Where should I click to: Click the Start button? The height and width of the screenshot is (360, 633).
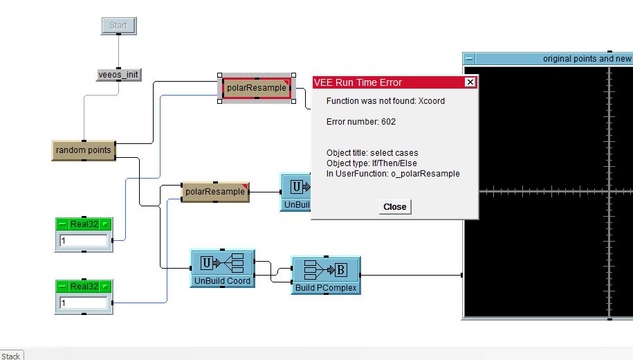pyautogui.click(x=118, y=26)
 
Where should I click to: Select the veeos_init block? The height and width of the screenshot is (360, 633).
pyautogui.click(x=118, y=74)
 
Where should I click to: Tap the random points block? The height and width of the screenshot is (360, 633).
pyautogui.click(x=83, y=150)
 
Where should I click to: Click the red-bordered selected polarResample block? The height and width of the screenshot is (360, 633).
pyautogui.click(x=256, y=88)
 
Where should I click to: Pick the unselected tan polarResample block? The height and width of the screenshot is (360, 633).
pyautogui.click(x=214, y=191)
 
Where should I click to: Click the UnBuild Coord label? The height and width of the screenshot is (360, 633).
pyautogui.click(x=222, y=281)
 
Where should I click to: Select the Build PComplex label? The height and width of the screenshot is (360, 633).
pyautogui.click(x=325, y=288)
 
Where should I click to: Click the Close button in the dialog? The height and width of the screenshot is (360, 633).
pyautogui.click(x=395, y=206)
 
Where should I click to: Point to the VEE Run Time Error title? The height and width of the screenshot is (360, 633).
pyautogui.click(x=358, y=82)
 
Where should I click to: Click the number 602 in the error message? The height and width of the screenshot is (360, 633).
pyautogui.click(x=388, y=122)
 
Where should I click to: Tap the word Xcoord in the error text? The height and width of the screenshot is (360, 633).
pyautogui.click(x=432, y=101)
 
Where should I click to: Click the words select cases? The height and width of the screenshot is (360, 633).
pyautogui.click(x=394, y=153)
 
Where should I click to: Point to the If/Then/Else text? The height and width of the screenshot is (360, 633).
pyautogui.click(x=394, y=163)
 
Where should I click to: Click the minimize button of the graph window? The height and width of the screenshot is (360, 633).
pyautogui.click(x=470, y=59)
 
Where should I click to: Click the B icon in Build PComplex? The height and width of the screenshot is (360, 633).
pyautogui.click(x=341, y=270)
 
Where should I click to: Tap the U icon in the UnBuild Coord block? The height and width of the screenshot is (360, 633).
pyautogui.click(x=206, y=263)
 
